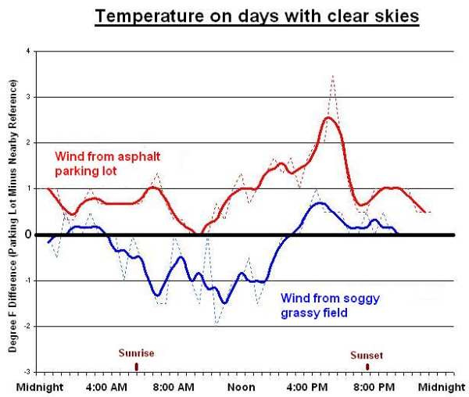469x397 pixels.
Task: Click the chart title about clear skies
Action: tap(257, 16)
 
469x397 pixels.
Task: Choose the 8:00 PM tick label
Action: tap(368, 386)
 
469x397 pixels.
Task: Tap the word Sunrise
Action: tap(137, 353)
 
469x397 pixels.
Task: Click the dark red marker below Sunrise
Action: tap(137, 366)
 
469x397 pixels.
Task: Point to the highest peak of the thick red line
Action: tap(330, 118)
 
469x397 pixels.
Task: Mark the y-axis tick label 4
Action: tap(29, 52)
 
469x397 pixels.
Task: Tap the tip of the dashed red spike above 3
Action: tap(333, 76)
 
